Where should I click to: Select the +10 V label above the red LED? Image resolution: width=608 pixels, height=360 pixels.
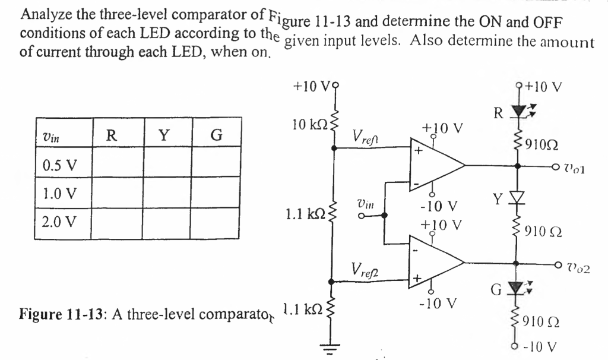pyautogui.click(x=546, y=87)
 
